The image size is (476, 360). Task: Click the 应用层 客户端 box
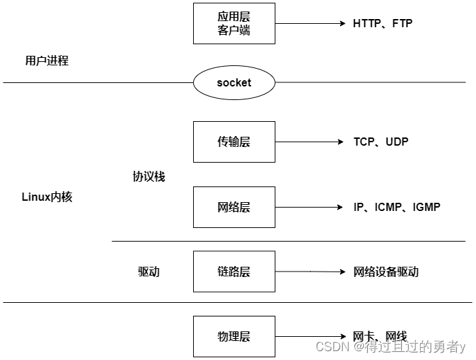[234, 23]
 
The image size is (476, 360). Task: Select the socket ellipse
[234, 83]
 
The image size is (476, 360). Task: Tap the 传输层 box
[234, 142]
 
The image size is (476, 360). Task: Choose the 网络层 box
[234, 207]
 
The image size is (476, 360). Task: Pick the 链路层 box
[234, 272]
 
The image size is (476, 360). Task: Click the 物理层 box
[234, 336]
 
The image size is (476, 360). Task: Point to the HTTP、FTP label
[382, 23]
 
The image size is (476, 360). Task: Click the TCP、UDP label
[381, 142]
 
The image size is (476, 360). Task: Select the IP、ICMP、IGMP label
[396, 207]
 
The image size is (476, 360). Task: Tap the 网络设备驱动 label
[386, 272]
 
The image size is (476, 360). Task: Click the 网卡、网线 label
[379, 336]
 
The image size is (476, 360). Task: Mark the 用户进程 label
[47, 61]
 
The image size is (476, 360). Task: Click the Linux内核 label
[47, 197]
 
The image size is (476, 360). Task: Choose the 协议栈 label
[148, 176]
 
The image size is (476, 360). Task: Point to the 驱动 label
[148, 272]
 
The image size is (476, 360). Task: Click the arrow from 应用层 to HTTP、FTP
[310, 23]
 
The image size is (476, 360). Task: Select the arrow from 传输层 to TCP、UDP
[310, 142]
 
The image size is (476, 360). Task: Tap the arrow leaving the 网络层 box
[310, 207]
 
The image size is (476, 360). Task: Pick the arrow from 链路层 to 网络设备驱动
[310, 272]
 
